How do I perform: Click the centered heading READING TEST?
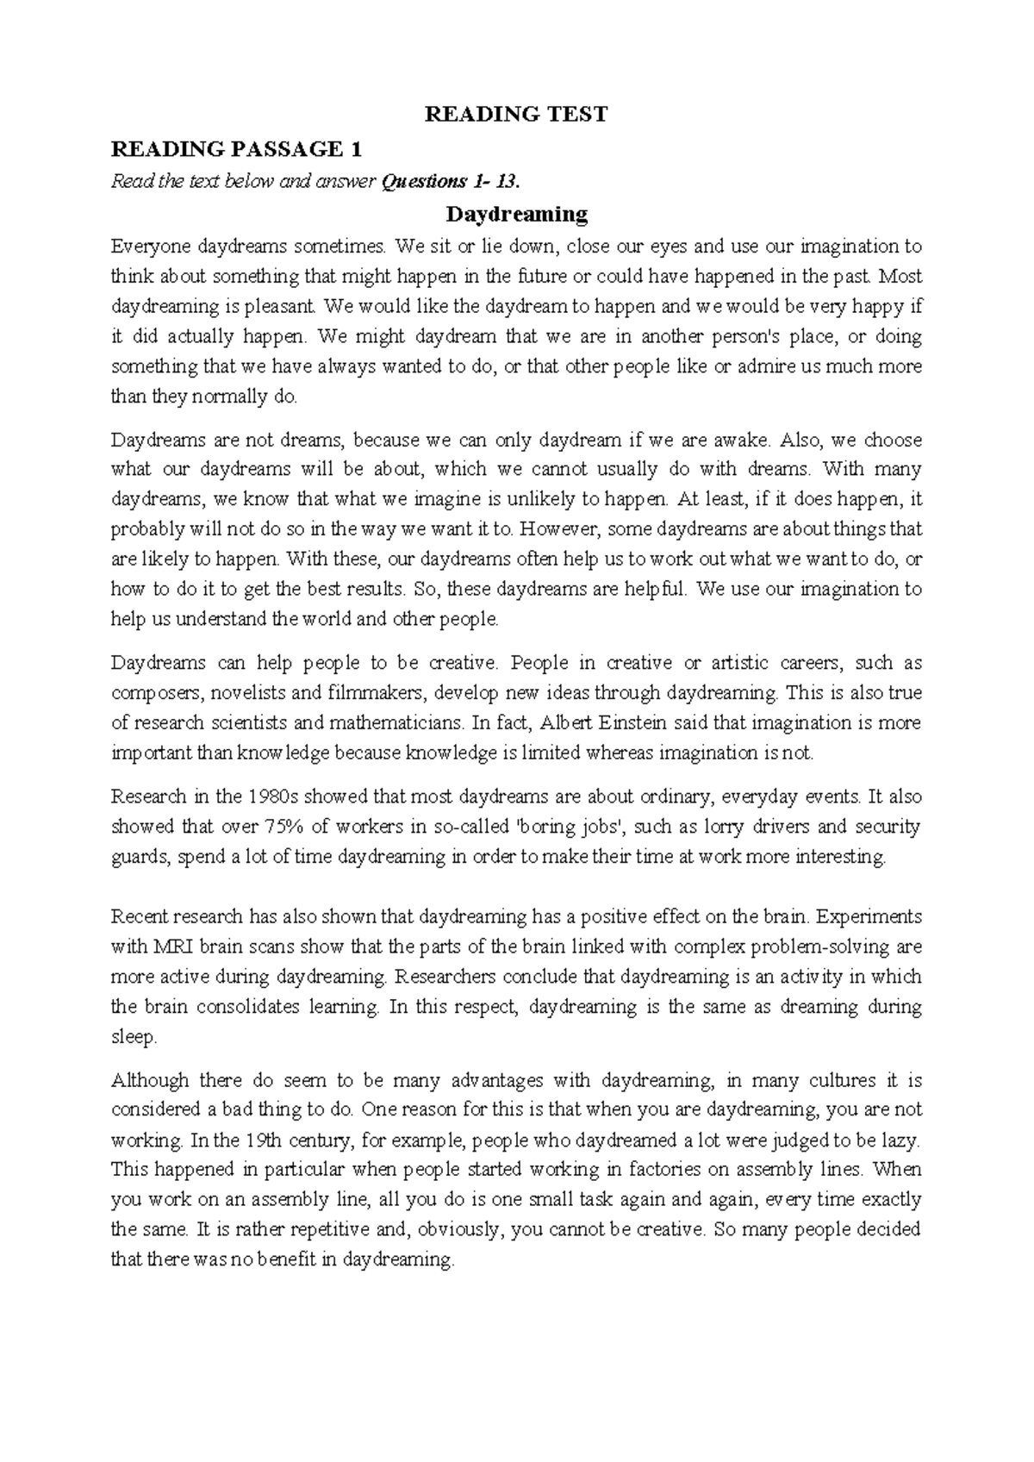click(x=516, y=115)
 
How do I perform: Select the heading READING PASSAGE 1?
click(x=236, y=149)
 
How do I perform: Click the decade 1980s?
click(x=275, y=797)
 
